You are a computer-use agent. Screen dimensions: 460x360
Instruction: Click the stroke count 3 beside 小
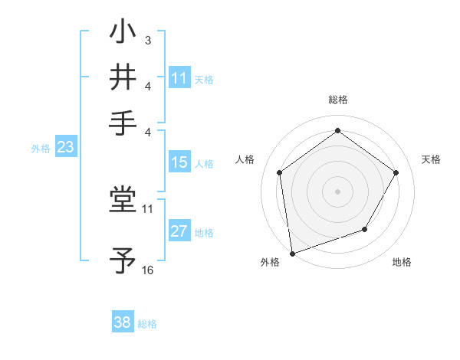pos(147,40)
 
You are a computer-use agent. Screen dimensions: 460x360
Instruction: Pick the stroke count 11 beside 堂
pos(148,208)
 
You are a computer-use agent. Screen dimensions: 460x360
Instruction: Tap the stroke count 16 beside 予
pos(148,270)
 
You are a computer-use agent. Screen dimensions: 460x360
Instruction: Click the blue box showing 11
pos(179,78)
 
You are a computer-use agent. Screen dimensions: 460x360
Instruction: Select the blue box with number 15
pos(179,162)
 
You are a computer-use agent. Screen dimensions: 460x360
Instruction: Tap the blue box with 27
pos(179,232)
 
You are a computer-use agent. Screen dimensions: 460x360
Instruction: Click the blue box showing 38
pos(123,322)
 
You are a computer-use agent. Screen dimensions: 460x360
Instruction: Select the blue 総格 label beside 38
pos(147,324)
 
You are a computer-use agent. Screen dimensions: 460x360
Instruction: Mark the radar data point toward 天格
pos(396,172)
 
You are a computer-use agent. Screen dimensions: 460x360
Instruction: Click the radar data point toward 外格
pos(292,253)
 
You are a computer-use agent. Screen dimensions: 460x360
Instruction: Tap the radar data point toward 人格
pos(279,172)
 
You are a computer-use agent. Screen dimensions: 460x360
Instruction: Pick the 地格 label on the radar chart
pos(402,263)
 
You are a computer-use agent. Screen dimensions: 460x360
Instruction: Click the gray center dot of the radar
pos(337,191)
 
